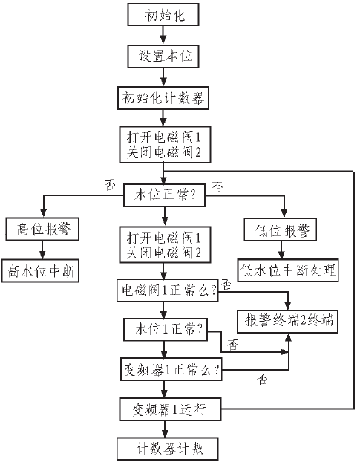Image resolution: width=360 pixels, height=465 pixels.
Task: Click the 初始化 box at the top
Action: [163, 14]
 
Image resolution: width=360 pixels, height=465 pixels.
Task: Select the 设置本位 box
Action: [163, 56]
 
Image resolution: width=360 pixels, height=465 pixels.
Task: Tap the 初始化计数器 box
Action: [163, 98]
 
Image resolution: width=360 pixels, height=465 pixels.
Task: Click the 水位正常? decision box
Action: [164, 195]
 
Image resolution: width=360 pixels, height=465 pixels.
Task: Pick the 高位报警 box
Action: [42, 229]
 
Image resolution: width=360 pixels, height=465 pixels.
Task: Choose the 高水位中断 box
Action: [40, 271]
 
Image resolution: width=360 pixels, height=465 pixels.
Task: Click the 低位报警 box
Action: [281, 230]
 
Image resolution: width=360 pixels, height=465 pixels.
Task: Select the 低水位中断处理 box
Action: [288, 270]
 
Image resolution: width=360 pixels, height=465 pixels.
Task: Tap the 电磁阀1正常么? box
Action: [168, 290]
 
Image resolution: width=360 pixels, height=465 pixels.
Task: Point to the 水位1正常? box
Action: [166, 330]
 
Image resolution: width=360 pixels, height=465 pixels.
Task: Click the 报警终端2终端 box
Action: [288, 322]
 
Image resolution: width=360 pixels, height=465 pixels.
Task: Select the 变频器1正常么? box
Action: [171, 369]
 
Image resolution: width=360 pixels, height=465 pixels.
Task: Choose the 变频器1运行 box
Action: [170, 409]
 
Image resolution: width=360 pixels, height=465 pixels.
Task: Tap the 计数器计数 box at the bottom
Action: [168, 449]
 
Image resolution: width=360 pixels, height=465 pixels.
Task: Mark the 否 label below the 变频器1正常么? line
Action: [262, 379]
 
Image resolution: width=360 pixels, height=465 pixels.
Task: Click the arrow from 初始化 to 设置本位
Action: [163, 36]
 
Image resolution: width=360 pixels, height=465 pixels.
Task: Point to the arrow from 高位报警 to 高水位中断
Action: [42, 250]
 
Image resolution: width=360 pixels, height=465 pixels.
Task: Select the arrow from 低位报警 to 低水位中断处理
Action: [281, 250]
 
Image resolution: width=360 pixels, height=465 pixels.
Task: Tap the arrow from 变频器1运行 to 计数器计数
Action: [165, 429]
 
